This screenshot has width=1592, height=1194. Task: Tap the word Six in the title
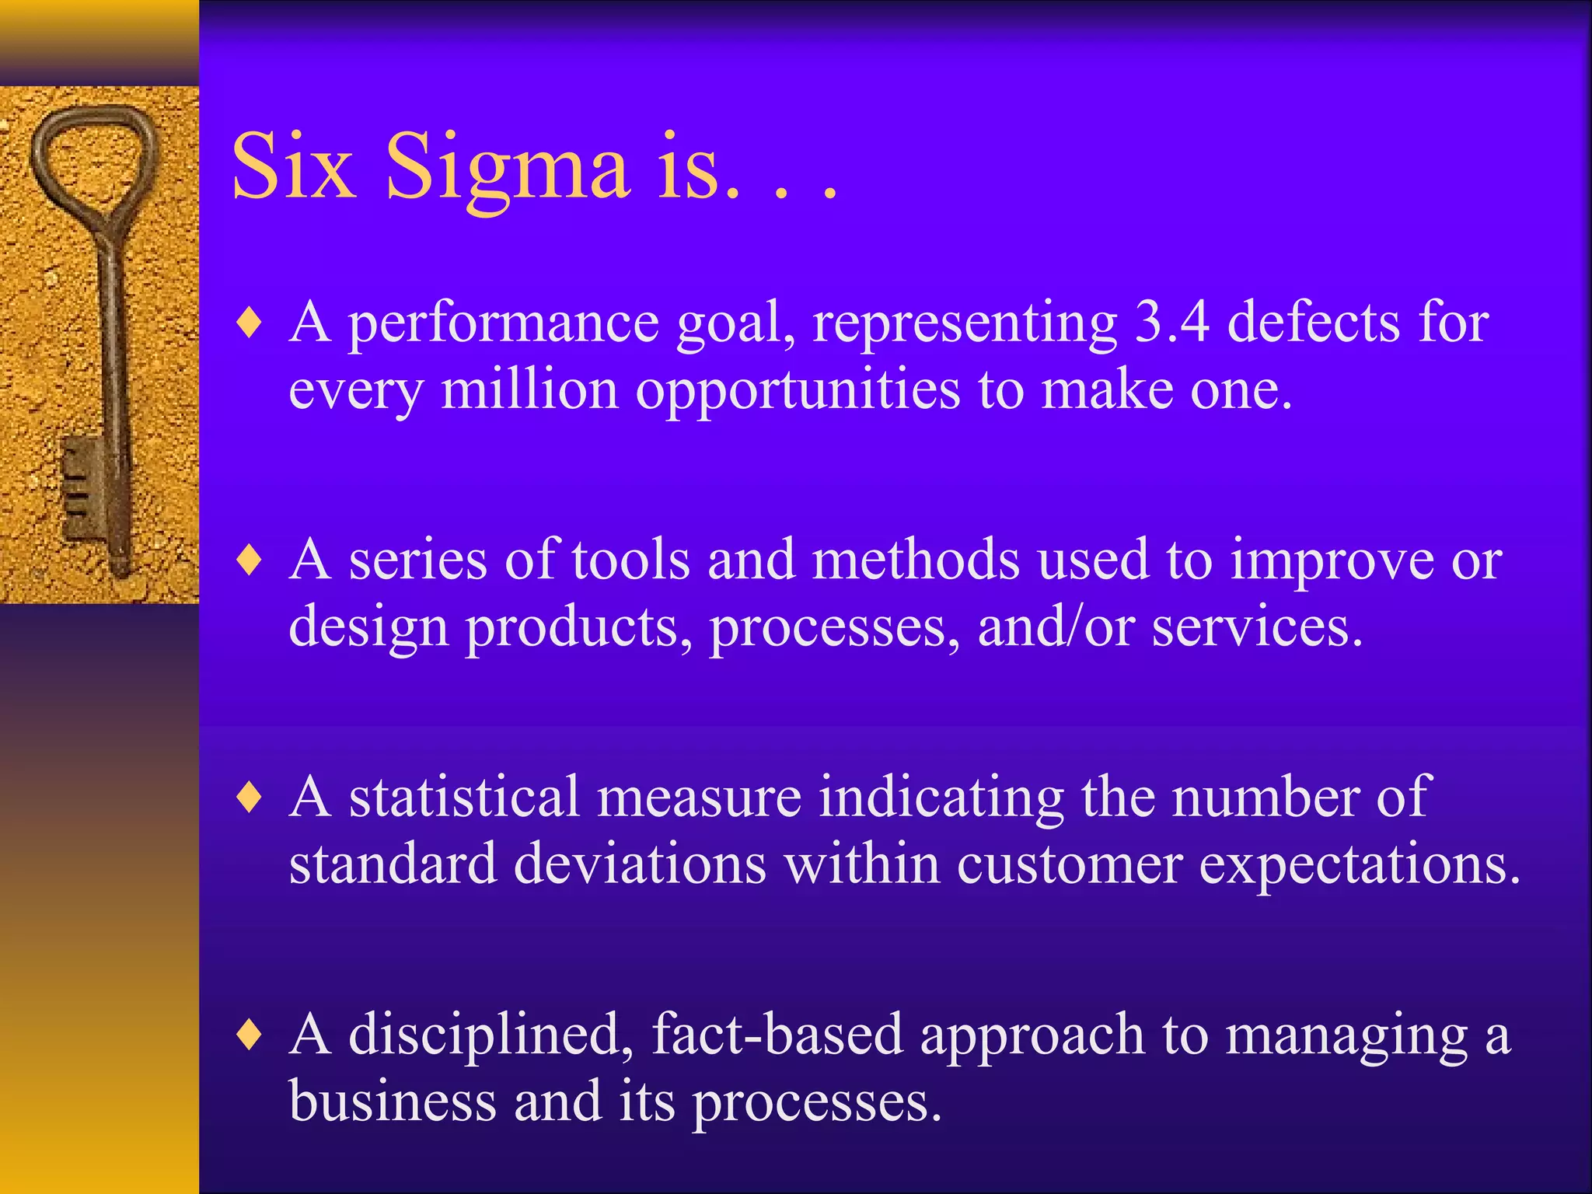coord(294,167)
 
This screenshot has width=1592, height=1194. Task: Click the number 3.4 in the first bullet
coord(1171,322)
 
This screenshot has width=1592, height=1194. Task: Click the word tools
coord(630,560)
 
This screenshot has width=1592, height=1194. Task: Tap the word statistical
coord(464,798)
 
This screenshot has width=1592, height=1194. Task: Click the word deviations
coord(640,864)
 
